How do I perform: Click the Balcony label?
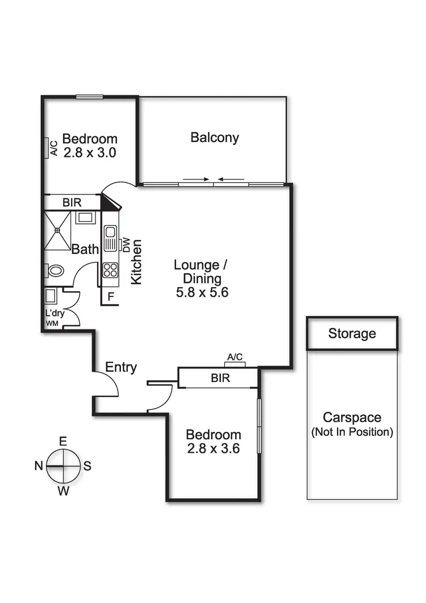pyautogui.click(x=215, y=138)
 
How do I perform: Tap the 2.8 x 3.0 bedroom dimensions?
pyautogui.click(x=90, y=153)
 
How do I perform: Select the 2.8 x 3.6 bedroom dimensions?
pyautogui.click(x=214, y=448)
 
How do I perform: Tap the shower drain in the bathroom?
pyautogui.click(x=58, y=230)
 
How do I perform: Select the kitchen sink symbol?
pyautogui.click(x=110, y=236)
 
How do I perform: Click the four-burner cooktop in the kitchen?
pyautogui.click(x=110, y=270)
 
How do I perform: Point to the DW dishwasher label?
pyautogui.click(x=126, y=244)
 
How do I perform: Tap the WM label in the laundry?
pyautogui.click(x=52, y=323)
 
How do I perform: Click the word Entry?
pyautogui.click(x=121, y=368)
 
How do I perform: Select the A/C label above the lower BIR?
pyautogui.click(x=235, y=357)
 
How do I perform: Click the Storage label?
pyautogui.click(x=352, y=334)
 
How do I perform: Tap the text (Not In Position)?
pyautogui.click(x=352, y=432)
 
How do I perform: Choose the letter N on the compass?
pyautogui.click(x=38, y=466)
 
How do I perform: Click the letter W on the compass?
pyautogui.click(x=64, y=491)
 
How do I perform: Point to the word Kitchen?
pyautogui.click(x=136, y=262)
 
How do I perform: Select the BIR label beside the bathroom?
pyautogui.click(x=71, y=202)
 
